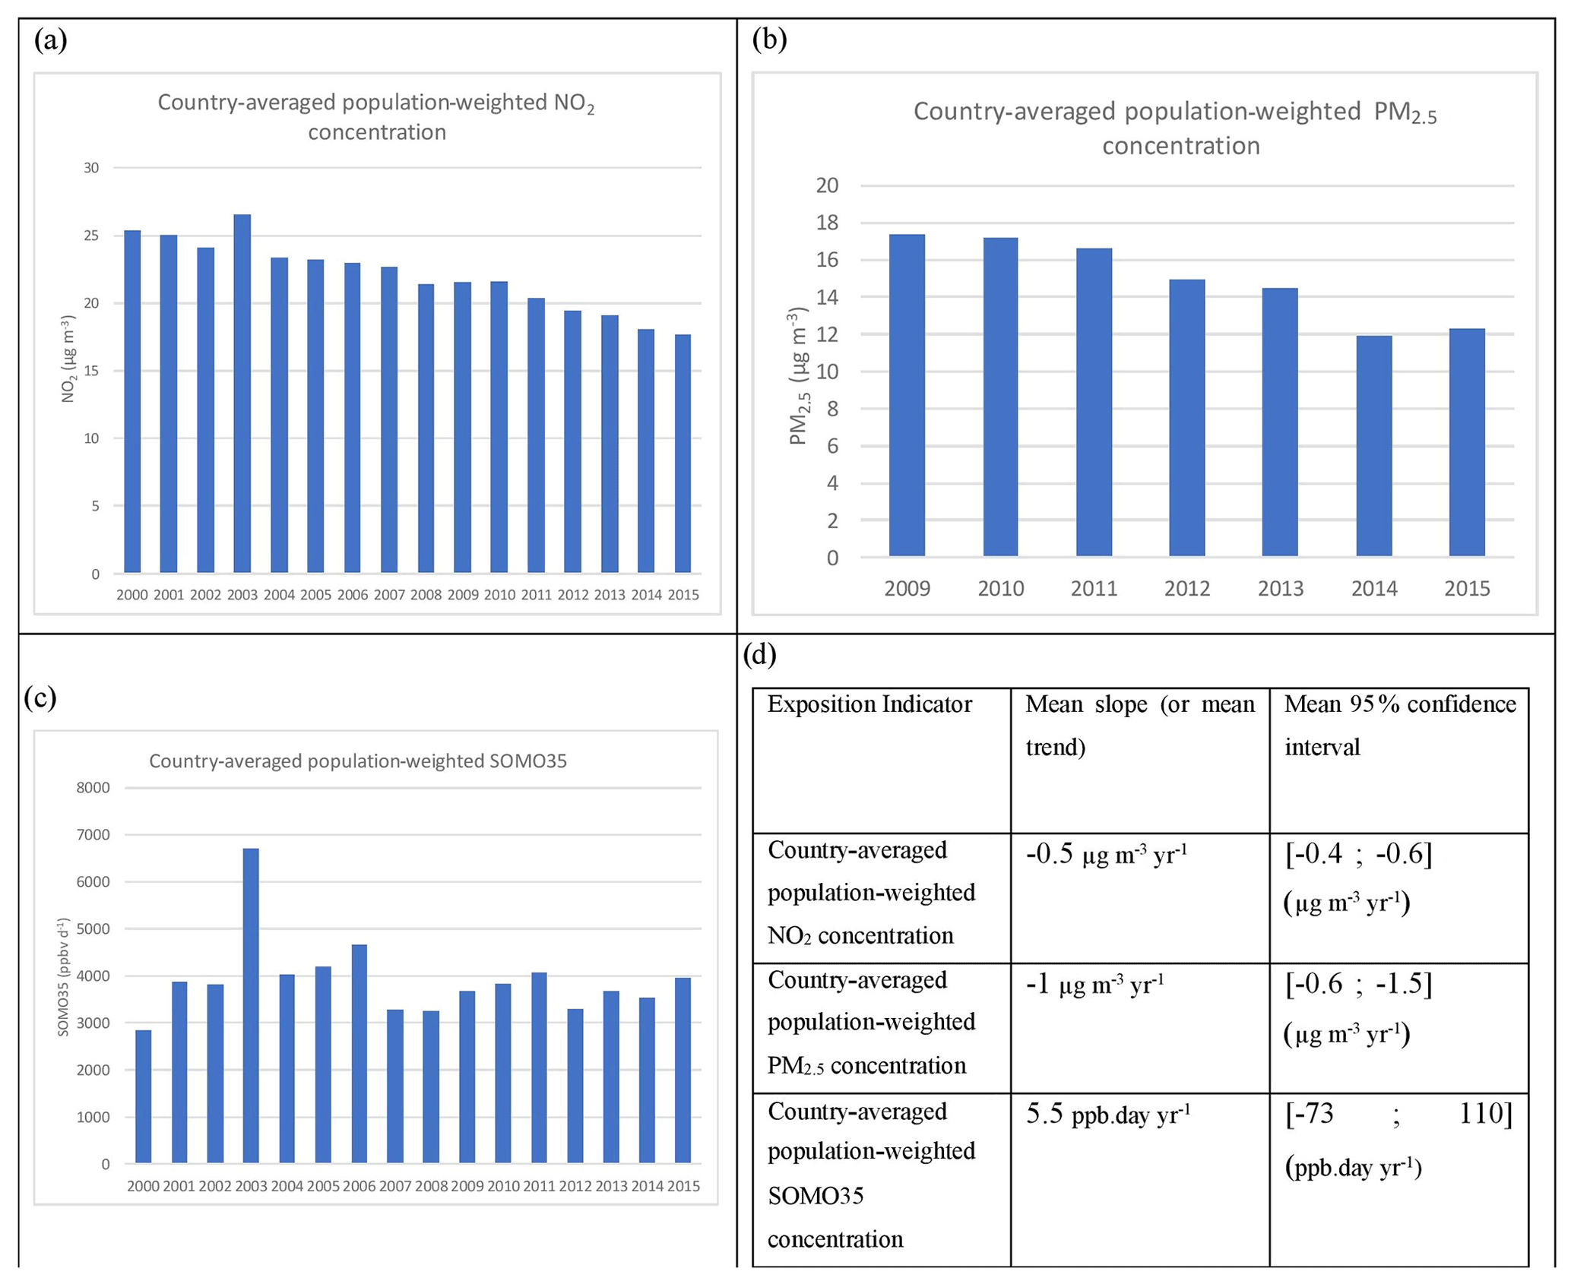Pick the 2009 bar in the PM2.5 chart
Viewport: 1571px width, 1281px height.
point(907,395)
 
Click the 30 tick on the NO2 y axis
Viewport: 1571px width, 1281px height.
point(91,168)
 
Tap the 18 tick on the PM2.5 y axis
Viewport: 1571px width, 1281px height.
point(827,223)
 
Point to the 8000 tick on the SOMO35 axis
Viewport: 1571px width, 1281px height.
point(93,788)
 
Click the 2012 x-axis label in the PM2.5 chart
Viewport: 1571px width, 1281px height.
point(1187,588)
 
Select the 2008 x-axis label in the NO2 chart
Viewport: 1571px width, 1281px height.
point(426,595)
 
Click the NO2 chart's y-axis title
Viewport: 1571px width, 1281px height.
point(68,359)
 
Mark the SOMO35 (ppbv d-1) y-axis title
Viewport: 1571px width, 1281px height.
point(64,977)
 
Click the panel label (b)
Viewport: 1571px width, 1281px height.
point(769,40)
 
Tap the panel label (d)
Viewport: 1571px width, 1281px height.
point(760,655)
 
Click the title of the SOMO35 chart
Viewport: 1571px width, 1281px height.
point(357,761)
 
